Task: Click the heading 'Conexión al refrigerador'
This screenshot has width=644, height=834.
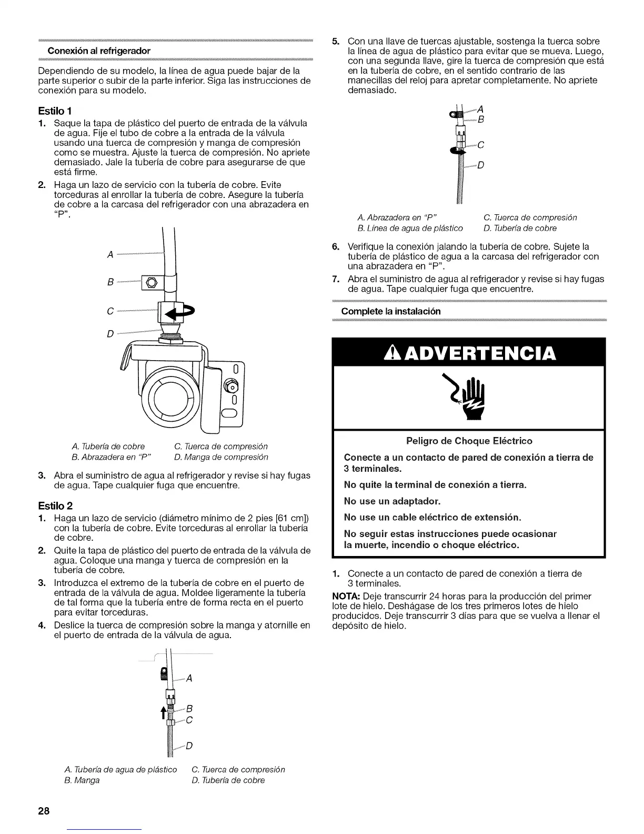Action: click(x=99, y=51)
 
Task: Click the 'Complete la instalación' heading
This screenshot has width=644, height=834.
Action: click(x=391, y=311)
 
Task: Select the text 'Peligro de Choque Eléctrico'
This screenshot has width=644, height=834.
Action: click(x=469, y=441)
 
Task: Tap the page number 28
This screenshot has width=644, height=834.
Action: click(x=43, y=811)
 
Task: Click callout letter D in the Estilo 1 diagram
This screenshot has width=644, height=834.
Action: click(x=110, y=334)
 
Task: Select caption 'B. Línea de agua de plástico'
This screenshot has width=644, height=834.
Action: click(x=410, y=228)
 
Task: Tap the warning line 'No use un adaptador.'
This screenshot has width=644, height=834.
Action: click(x=392, y=501)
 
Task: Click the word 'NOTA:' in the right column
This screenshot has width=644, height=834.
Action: click(x=344, y=596)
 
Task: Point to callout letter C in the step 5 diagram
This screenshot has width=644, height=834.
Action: click(x=481, y=145)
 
